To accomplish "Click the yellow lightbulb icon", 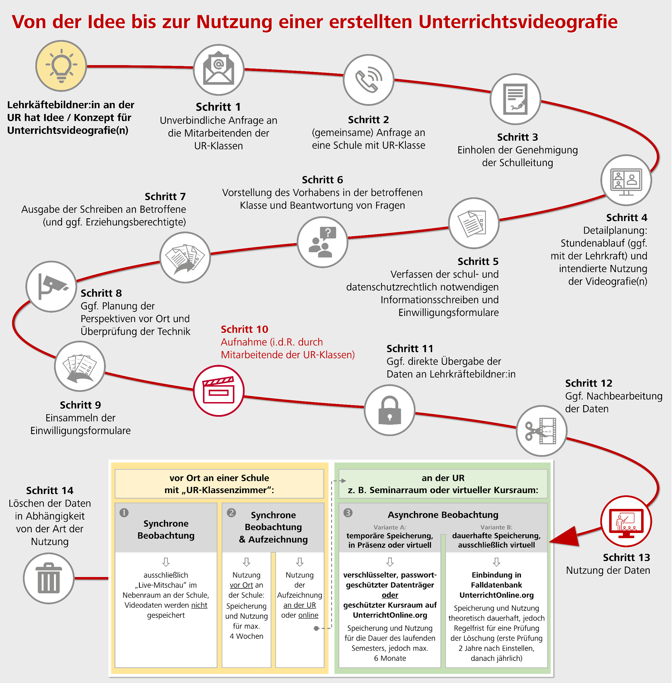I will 61,66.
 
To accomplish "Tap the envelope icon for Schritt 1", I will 219,70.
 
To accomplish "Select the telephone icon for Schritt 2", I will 369,79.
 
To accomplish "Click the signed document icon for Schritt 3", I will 515,99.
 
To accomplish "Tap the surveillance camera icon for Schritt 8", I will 51,286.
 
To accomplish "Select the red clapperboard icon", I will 219,391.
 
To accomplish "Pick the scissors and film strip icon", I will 541,431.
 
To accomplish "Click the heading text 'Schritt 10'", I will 244,329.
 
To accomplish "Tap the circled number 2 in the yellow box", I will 231,512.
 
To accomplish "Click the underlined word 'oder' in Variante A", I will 390,595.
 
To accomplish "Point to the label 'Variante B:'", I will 496,527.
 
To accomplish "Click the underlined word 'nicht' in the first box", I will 199,605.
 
